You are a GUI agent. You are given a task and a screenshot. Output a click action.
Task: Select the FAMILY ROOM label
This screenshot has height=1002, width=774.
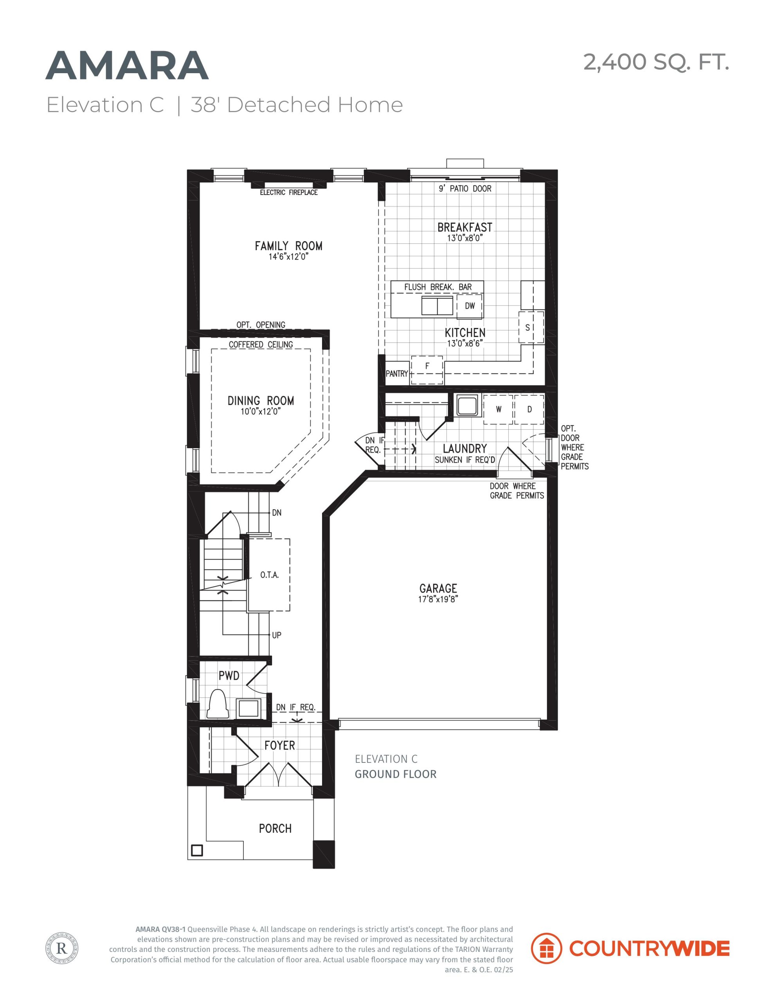[x=288, y=246]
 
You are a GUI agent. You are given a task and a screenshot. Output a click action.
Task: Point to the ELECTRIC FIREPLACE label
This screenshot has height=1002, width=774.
[x=288, y=192]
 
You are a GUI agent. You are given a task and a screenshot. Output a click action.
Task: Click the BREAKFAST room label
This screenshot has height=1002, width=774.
[x=465, y=227]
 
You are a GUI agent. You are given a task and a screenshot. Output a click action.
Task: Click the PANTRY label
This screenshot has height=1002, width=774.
[x=396, y=374]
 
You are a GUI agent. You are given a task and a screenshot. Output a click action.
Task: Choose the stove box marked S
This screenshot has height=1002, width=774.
[x=531, y=327]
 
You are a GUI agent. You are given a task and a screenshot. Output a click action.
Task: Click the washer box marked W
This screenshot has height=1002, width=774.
[x=498, y=409]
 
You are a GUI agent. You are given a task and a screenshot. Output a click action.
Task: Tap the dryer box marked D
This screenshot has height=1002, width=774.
[x=529, y=409]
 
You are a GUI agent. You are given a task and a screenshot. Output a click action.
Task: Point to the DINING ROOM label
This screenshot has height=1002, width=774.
[x=261, y=400]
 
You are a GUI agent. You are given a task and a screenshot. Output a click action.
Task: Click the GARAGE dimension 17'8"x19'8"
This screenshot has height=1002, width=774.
[x=438, y=599]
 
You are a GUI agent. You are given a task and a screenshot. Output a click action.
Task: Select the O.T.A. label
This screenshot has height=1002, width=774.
[x=269, y=575]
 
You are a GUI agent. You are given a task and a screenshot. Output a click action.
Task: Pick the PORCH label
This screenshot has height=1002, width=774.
[x=275, y=829]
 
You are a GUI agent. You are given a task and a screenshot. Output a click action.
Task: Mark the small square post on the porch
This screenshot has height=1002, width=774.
[x=197, y=850]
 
